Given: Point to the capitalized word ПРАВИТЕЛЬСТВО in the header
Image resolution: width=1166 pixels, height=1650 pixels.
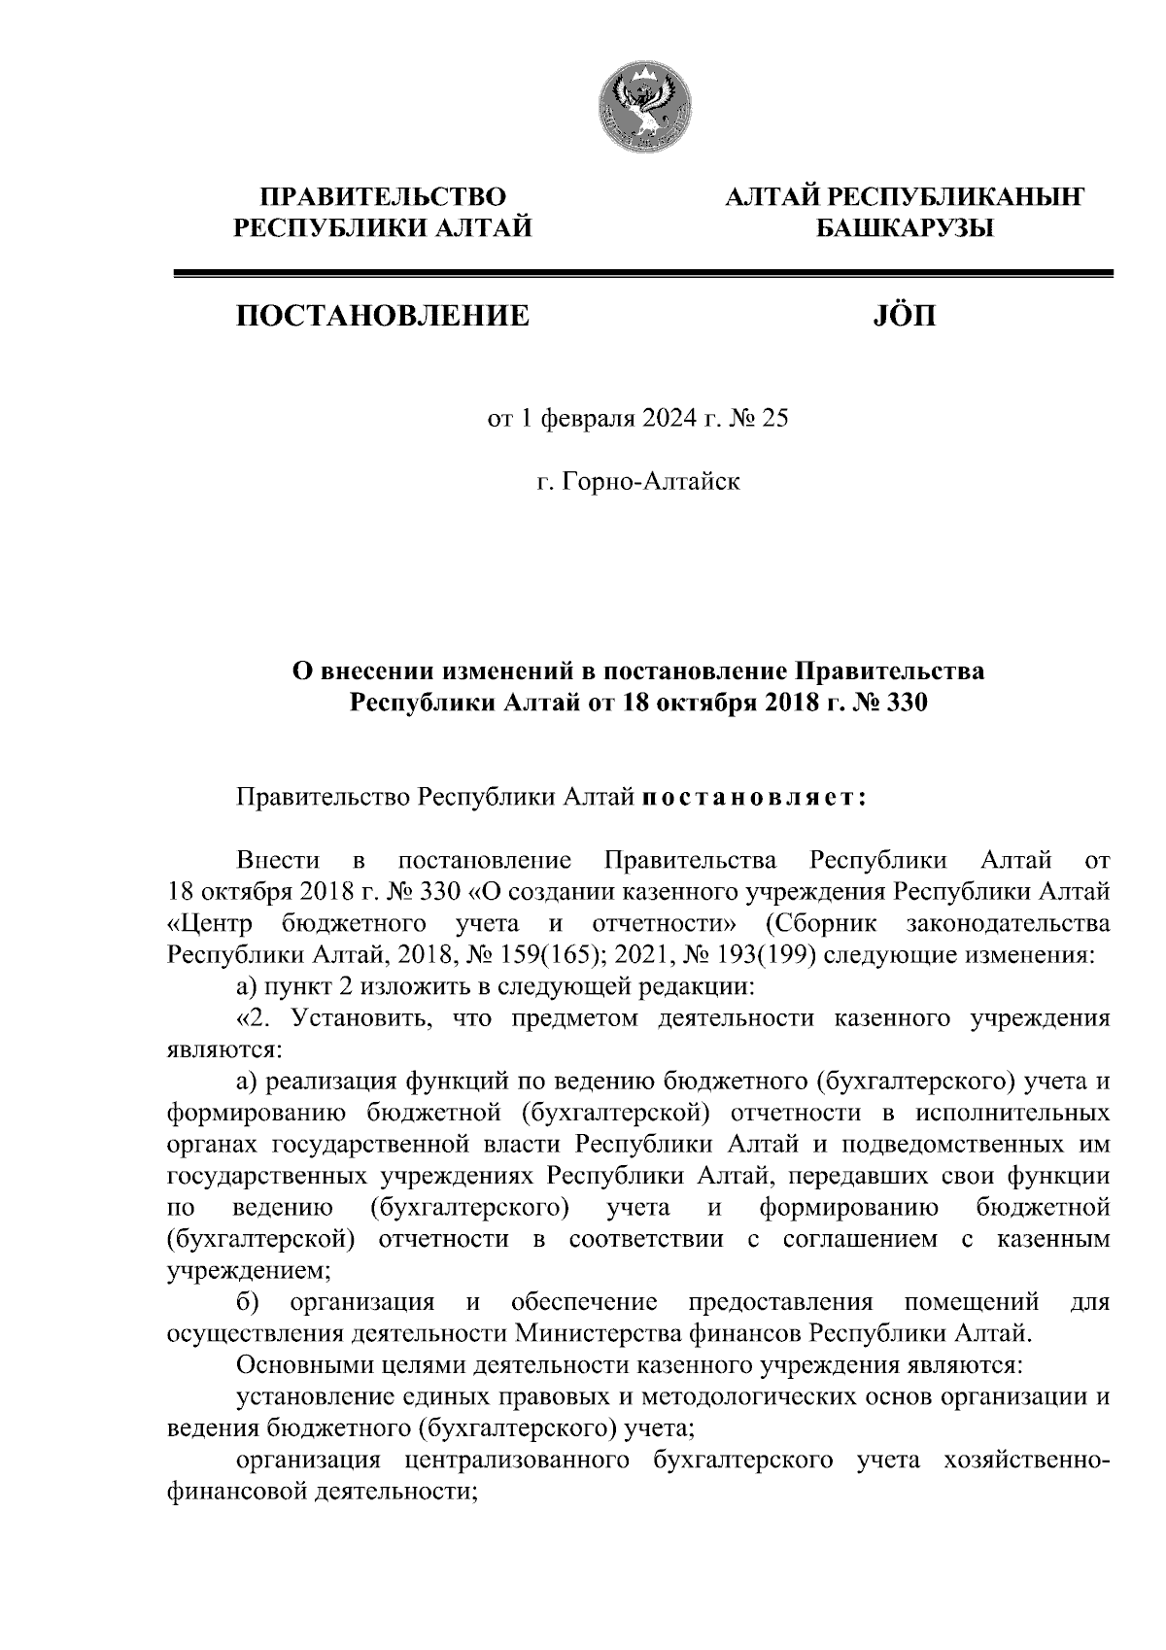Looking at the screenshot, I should pos(383,197).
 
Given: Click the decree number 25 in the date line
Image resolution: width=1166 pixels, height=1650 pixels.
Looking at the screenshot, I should pos(776,419).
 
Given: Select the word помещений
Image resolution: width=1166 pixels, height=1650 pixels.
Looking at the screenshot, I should pos(972,1302).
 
